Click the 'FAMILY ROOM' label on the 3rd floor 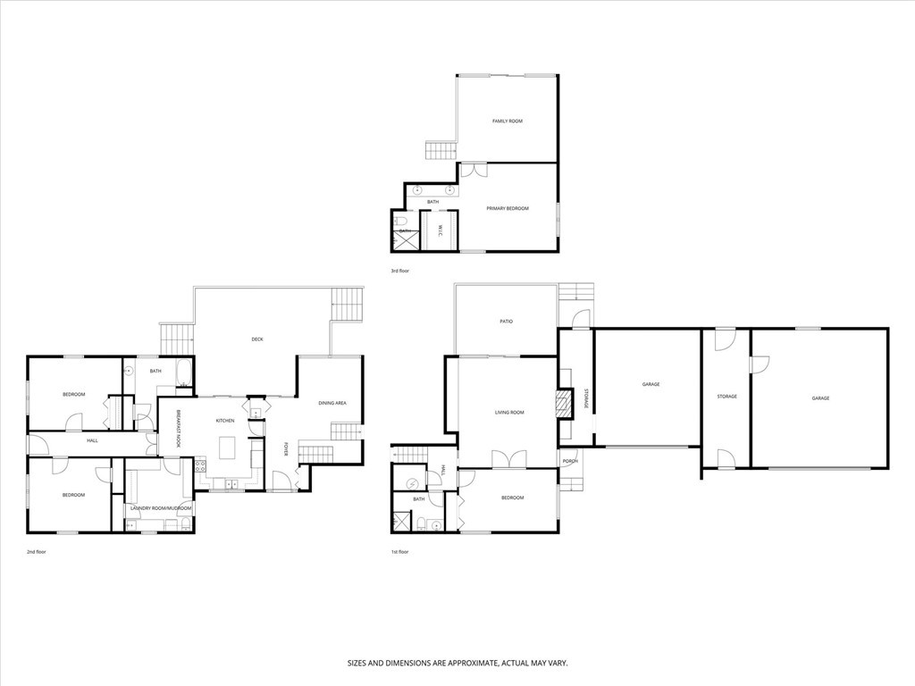507,121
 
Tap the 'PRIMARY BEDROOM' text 507,208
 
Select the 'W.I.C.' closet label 441,231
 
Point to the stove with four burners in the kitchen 200,465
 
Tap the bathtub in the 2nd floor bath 183,371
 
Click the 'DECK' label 257,339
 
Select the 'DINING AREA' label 332,403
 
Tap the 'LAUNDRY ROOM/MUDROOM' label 161,508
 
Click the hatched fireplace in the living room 563,403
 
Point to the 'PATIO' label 506,322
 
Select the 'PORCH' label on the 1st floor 570,461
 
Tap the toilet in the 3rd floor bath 402,221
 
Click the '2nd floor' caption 36,552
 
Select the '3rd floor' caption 400,271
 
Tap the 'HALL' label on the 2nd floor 92,440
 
